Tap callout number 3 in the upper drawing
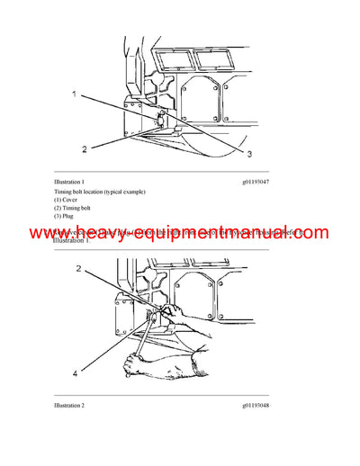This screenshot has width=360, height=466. pos(249,155)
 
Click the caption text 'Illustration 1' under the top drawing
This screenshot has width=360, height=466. pos(73,181)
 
